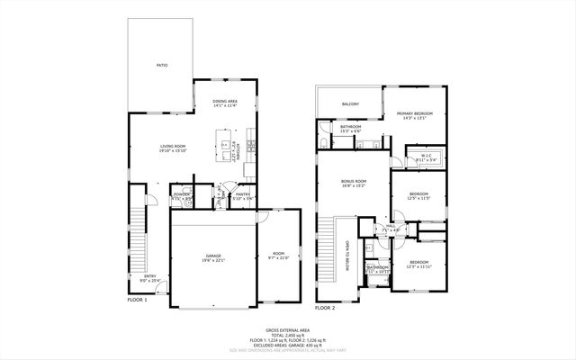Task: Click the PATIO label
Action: click(x=162, y=66)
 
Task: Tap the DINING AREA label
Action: click(x=225, y=102)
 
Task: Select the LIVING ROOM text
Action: click(x=173, y=147)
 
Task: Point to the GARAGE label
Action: click(x=212, y=257)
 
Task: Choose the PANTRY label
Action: click(x=242, y=194)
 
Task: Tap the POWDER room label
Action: click(x=181, y=194)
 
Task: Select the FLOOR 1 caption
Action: click(x=137, y=300)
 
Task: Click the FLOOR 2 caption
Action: click(x=325, y=307)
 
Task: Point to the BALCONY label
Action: click(x=350, y=104)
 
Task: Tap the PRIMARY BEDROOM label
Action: click(x=415, y=113)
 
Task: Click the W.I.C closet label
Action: click(x=427, y=157)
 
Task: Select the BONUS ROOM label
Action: click(x=353, y=183)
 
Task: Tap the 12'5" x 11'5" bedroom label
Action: click(x=418, y=195)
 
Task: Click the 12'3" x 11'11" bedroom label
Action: click(x=418, y=264)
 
